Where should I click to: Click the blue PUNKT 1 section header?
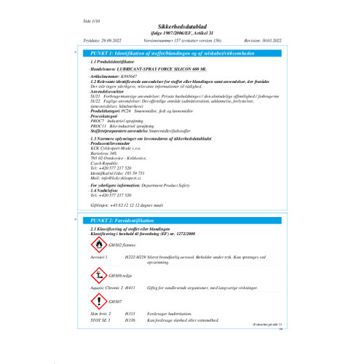pyautogui.click(x=182, y=55)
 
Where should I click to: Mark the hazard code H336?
pyautogui.click(x=130, y=320)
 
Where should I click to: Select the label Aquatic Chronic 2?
pyautogui.click(x=103, y=288)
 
